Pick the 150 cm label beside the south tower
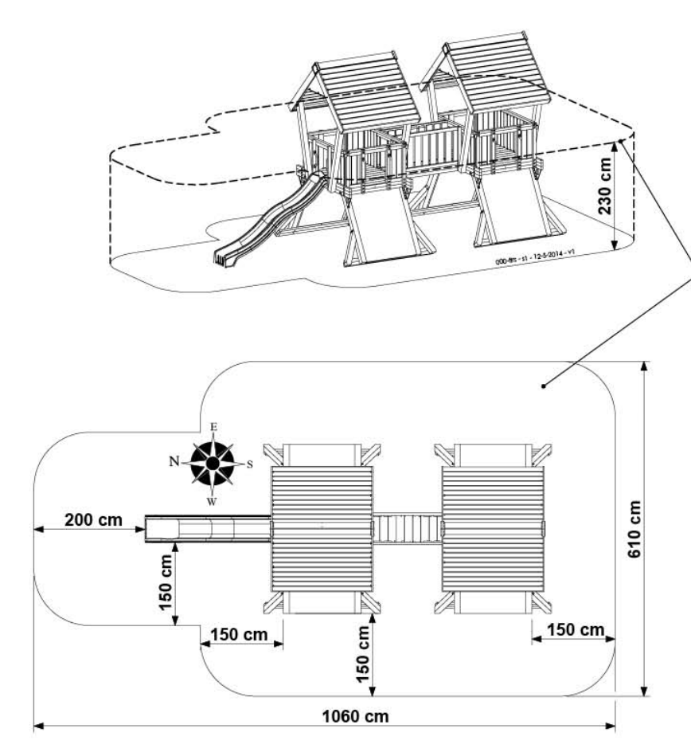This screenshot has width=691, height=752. (571, 630)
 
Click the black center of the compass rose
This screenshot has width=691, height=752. (213, 463)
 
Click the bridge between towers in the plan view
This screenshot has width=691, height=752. (407, 527)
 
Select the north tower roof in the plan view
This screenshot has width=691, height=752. (322, 527)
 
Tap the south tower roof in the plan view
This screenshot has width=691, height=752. (493, 527)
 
